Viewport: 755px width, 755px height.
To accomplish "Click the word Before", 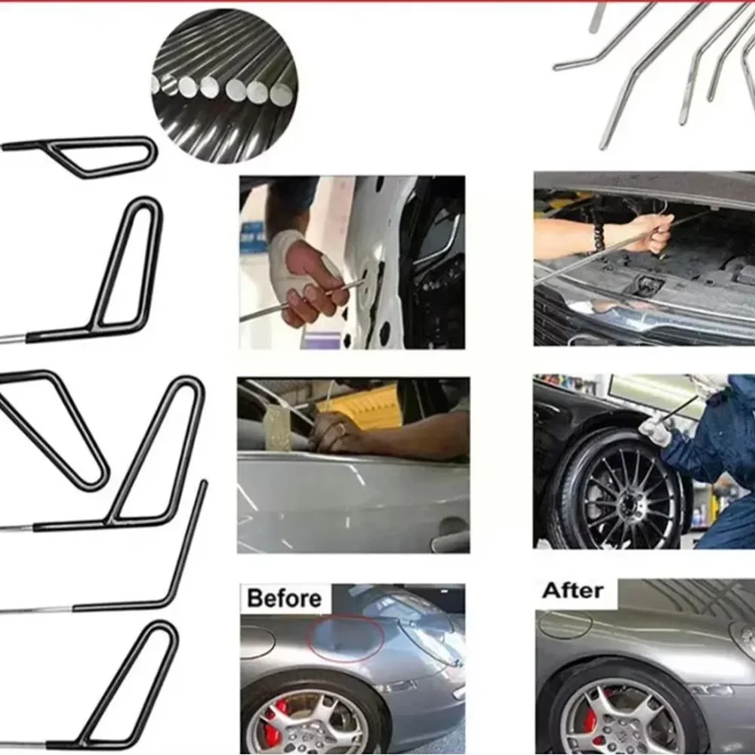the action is [284, 598].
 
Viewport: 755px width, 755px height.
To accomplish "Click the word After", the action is [572, 590].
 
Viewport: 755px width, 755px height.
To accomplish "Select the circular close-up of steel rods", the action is [224, 86].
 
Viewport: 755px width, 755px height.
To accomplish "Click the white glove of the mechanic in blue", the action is [655, 428].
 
